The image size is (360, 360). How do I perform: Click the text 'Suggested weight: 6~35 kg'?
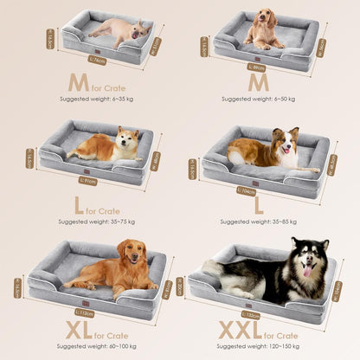[x=91, y=100]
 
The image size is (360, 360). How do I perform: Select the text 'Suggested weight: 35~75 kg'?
[x=91, y=221]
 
